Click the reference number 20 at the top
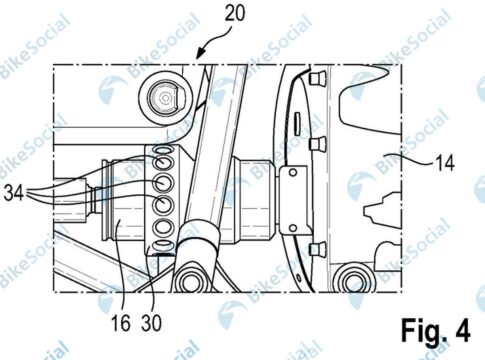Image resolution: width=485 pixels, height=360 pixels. (235, 14)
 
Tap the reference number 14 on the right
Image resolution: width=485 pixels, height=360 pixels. (443, 163)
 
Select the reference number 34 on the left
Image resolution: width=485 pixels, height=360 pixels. (14, 193)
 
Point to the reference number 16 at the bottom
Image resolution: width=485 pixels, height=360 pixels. (120, 323)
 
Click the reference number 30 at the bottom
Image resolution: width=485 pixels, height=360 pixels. (151, 323)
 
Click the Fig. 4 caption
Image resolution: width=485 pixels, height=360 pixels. (436, 330)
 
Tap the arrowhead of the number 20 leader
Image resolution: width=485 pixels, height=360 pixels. (200, 54)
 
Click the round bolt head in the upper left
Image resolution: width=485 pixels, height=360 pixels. (165, 98)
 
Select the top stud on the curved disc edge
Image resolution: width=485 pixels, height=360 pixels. (317, 78)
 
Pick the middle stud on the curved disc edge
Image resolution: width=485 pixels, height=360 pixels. (317, 144)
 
